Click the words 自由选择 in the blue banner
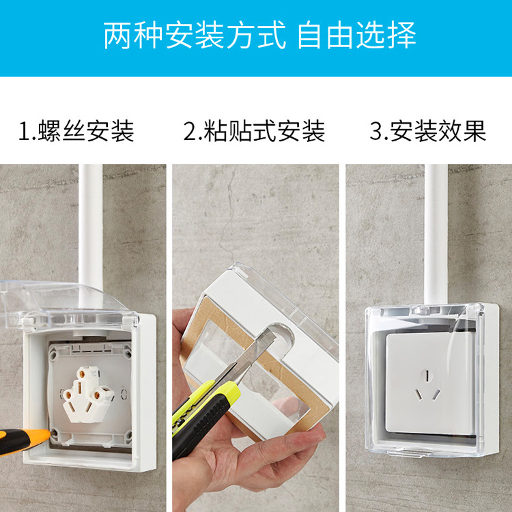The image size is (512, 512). [x=356, y=35]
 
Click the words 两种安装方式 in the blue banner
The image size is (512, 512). [x=195, y=35]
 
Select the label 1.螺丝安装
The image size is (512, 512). [x=76, y=130]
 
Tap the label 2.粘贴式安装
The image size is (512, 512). [x=254, y=130]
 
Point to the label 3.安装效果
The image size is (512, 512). [x=428, y=130]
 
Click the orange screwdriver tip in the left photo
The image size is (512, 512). [x=41, y=435]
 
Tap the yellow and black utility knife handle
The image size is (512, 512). [x=201, y=413]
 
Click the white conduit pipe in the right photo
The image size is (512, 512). [x=436, y=232]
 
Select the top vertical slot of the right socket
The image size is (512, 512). [x=427, y=375]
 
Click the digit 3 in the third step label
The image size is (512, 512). [x=375, y=130]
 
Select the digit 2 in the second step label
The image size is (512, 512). [x=189, y=130]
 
